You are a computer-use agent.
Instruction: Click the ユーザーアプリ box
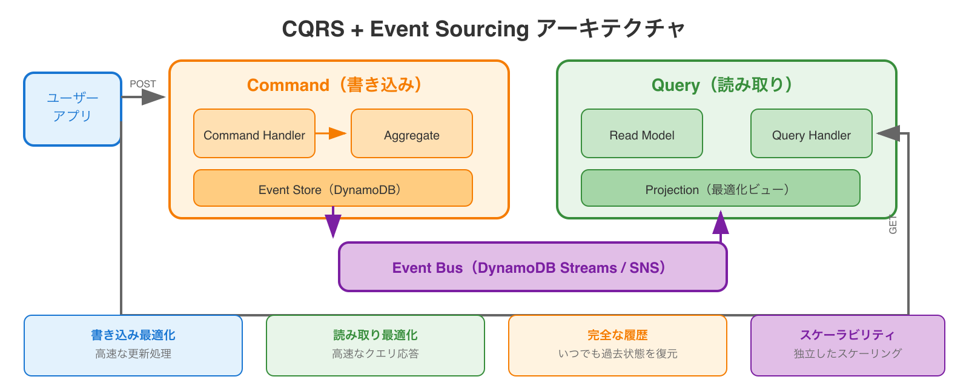point(73,109)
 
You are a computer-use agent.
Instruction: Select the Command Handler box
point(254,134)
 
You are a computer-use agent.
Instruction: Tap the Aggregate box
point(412,134)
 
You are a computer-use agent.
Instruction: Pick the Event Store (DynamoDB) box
point(332,189)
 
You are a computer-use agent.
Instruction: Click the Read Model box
point(642,134)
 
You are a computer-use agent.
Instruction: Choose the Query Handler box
point(811,134)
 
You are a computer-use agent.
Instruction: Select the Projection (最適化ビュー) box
point(720,189)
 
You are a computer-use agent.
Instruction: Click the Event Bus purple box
point(532,267)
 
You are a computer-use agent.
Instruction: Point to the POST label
point(143,84)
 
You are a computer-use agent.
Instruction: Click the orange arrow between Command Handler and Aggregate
point(331,133)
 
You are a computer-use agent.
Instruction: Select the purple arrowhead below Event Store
point(333,226)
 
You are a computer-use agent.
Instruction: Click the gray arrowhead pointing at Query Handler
point(888,133)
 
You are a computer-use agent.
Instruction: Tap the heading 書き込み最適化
point(133,335)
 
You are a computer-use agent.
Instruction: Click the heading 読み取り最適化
point(375,335)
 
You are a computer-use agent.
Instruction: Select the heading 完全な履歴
point(618,335)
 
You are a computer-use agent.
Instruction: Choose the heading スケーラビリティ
point(847,335)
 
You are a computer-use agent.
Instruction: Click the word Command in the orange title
point(288,85)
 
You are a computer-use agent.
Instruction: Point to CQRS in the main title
point(313,29)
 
